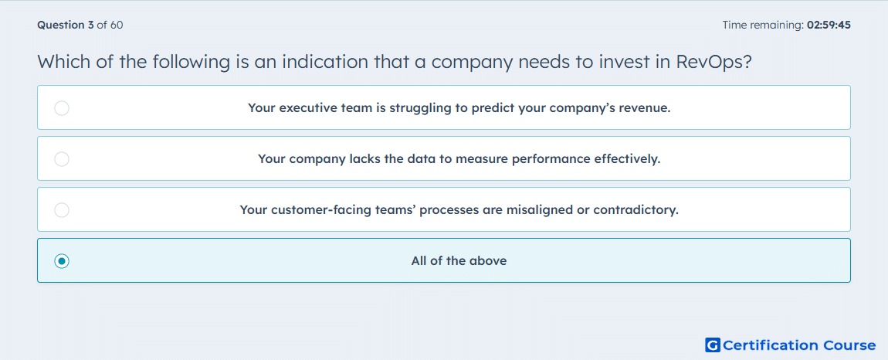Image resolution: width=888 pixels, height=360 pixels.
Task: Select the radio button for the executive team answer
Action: [62, 107]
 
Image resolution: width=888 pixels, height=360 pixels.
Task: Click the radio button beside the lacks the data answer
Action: [62, 158]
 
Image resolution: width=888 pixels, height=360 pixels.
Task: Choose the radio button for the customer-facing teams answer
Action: [62, 210]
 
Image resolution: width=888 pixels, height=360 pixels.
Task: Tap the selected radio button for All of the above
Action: [62, 261]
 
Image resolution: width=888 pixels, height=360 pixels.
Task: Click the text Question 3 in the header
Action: [66, 25]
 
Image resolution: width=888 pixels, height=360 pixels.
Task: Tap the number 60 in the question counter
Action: [117, 25]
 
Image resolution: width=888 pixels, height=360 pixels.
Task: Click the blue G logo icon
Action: [713, 345]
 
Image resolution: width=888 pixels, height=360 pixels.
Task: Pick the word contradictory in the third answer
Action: [635, 210]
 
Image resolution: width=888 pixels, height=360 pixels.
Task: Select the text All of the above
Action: [459, 261]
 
